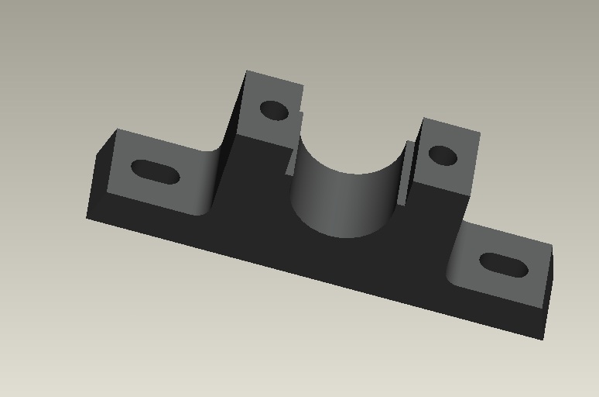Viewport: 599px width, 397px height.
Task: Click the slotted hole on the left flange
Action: (155, 171)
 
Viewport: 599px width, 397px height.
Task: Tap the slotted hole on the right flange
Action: (504, 265)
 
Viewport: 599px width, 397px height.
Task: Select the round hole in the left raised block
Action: (273, 110)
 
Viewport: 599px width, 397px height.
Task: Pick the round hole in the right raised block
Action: (443, 155)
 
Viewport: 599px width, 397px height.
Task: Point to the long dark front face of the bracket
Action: (310, 256)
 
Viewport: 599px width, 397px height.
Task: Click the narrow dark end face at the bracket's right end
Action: (548, 291)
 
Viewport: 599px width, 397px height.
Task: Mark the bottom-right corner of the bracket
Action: (543, 339)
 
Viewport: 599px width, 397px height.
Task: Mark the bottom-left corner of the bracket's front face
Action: (87, 218)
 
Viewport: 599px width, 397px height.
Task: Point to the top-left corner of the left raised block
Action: (247, 71)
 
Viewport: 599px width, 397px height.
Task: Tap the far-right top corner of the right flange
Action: (552, 247)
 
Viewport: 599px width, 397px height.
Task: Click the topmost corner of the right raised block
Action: (424, 118)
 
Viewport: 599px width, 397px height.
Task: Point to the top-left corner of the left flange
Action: (117, 129)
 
